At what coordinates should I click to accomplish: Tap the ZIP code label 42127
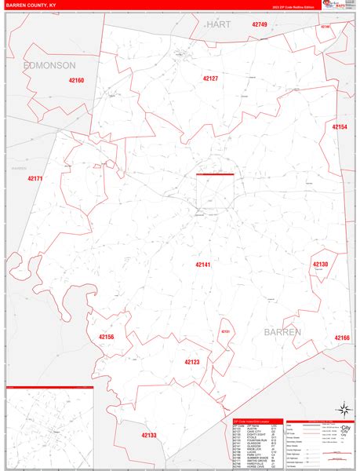coord(210,78)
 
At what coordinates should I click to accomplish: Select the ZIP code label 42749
coord(260,25)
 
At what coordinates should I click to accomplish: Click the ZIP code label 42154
coord(340,126)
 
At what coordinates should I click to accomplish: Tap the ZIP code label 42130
coord(320,265)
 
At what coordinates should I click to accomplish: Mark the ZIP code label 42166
coord(342,338)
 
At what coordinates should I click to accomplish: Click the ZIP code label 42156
coord(107,337)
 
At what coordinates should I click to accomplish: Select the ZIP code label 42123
coord(192,362)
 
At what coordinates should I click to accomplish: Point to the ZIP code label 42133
coord(149,435)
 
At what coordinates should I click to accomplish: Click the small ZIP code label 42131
coord(225,332)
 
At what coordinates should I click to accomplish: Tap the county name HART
coord(219,25)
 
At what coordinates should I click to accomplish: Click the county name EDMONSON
coord(49,64)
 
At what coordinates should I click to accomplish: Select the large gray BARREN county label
coord(293,332)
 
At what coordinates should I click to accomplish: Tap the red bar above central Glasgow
coord(215,174)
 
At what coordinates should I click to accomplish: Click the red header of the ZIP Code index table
coord(255,422)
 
